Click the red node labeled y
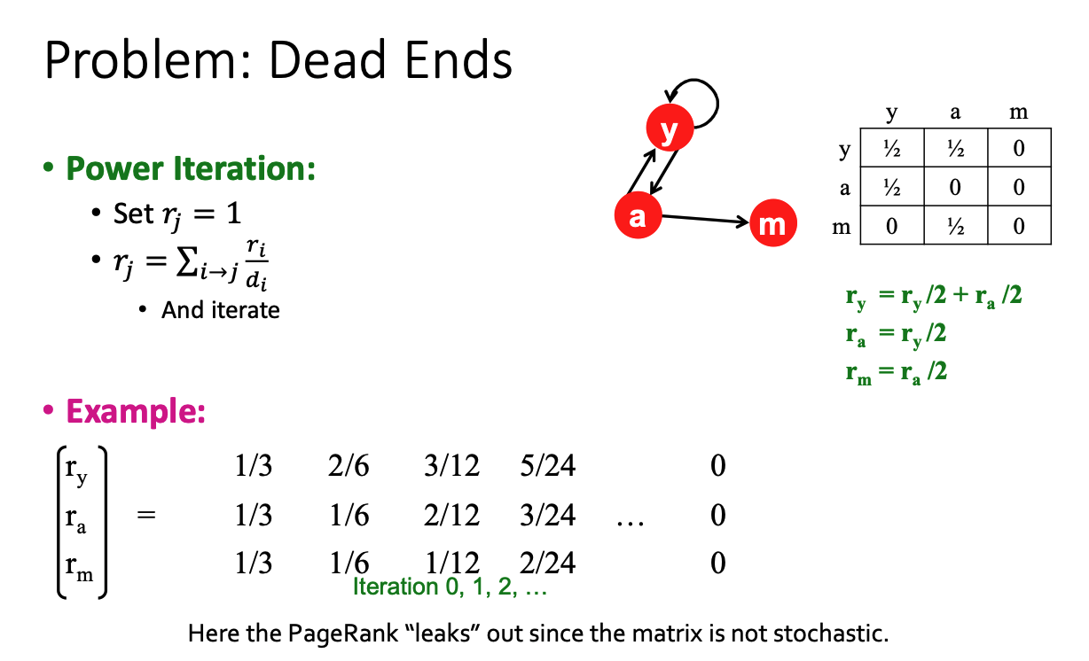pyautogui.click(x=670, y=128)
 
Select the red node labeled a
pyautogui.click(x=638, y=215)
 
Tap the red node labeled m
pyautogui.click(x=773, y=223)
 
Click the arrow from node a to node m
pyautogui.click(x=705, y=219)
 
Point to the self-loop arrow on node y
pyautogui.click(x=717, y=102)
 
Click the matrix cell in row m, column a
pyautogui.click(x=955, y=225)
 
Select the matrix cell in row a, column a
pyautogui.click(x=955, y=186)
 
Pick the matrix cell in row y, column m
pyautogui.click(x=1019, y=148)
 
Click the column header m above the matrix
pyautogui.click(x=1019, y=112)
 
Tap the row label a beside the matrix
pyautogui.click(x=845, y=188)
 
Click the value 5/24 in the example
pyautogui.click(x=547, y=465)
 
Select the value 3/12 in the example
pyautogui.click(x=451, y=465)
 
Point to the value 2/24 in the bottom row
pyautogui.click(x=547, y=563)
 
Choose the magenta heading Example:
pyautogui.click(x=136, y=411)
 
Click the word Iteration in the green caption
pyautogui.click(x=396, y=587)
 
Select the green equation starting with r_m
pyautogui.click(x=896, y=372)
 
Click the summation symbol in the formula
pyautogui.click(x=187, y=261)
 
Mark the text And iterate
pyautogui.click(x=220, y=310)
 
